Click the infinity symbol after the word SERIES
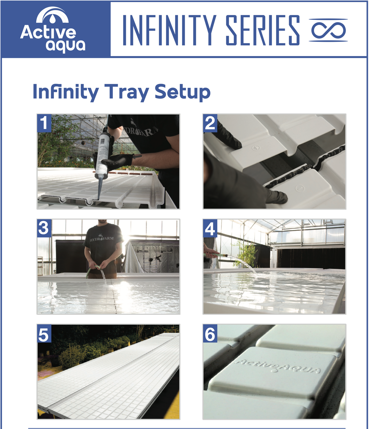click(328, 30)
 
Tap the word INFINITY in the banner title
click(169, 30)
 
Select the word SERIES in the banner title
click(263, 30)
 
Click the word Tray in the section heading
click(126, 92)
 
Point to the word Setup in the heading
click(182, 92)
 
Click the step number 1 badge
click(44, 123)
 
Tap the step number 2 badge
click(210, 123)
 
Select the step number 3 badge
click(44, 228)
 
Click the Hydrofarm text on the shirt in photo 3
click(102, 239)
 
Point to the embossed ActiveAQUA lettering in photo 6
click(277, 366)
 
